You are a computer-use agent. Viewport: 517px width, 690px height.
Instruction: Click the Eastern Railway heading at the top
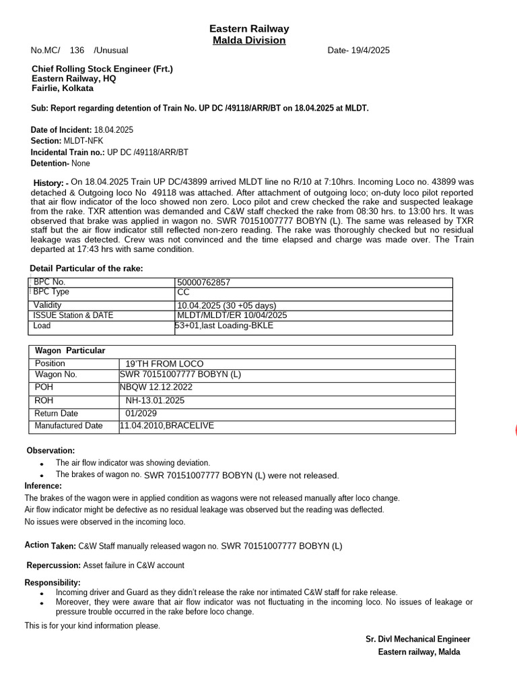point(249,29)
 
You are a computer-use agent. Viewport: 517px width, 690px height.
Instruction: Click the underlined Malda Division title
point(249,40)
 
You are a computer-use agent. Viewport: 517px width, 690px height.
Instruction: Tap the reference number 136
point(77,51)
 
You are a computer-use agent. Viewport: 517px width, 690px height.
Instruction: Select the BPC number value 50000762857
point(203,282)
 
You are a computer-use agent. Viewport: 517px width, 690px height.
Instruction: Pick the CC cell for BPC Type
point(183,292)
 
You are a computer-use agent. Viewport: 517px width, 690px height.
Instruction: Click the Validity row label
point(47,305)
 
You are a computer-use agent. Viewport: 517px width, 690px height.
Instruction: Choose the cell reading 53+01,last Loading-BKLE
point(224,326)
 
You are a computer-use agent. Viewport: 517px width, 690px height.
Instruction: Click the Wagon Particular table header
point(70,351)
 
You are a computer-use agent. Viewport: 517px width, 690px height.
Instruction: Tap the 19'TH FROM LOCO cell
point(164,364)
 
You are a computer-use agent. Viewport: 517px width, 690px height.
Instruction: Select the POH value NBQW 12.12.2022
point(156,387)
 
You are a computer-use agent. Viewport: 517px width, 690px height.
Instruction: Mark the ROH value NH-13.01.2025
point(155,400)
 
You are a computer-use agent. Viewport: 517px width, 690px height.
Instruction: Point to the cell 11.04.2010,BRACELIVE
point(166,426)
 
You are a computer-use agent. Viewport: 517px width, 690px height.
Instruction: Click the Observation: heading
point(50,451)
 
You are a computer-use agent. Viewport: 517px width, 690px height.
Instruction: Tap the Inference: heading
point(43,486)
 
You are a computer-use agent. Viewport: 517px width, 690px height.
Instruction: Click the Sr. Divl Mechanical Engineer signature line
point(417,639)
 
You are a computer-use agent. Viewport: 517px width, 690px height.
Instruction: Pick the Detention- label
point(50,163)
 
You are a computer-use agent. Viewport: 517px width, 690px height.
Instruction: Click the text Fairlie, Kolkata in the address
point(63,88)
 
